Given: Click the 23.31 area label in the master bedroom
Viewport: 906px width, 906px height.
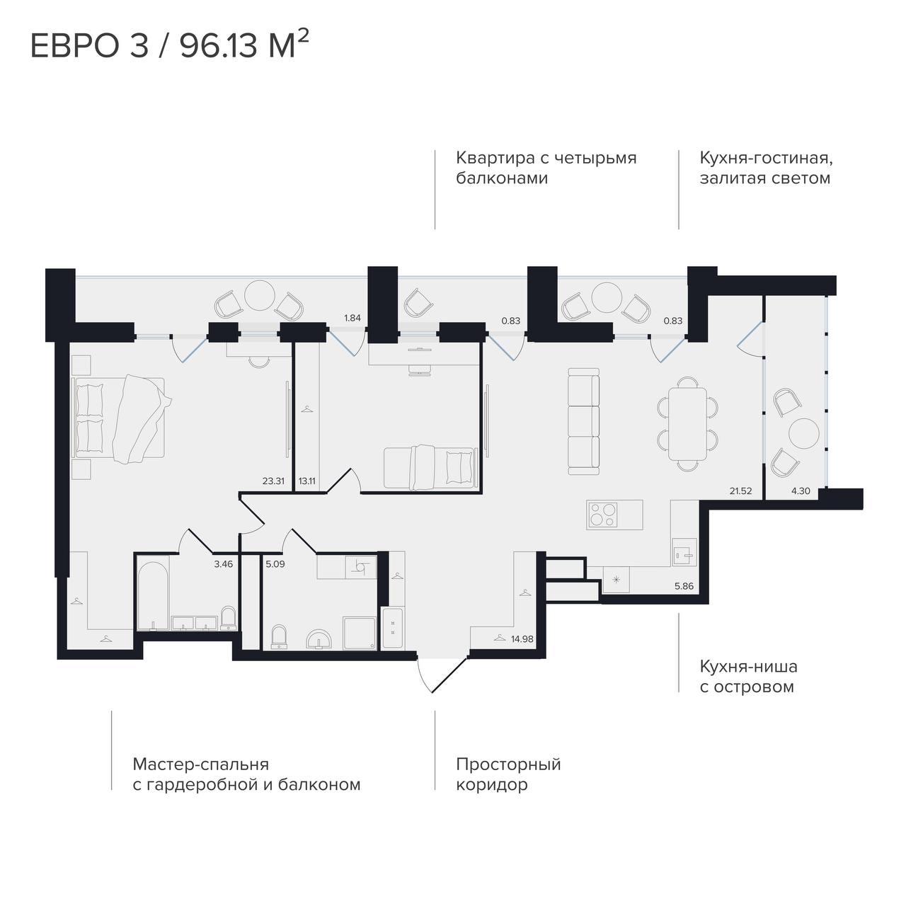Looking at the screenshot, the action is point(273,481).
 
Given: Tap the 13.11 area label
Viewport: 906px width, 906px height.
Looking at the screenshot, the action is point(306,481).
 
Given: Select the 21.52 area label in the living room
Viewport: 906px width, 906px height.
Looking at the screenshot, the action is point(740,491).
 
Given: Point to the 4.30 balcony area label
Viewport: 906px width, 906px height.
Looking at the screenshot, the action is point(801,491).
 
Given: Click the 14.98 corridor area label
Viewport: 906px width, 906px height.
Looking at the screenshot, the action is point(522,639).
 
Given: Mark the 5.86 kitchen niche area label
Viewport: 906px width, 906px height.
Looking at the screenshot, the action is point(684,586).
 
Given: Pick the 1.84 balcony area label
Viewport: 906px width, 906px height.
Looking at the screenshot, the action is point(352,318).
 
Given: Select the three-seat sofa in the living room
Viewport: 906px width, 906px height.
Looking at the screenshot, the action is point(583,421).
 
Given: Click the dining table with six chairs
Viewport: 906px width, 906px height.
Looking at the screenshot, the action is point(687,424).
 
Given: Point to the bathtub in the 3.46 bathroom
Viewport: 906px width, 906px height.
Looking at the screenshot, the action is point(153,595).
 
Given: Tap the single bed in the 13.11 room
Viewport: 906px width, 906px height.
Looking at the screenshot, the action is point(430,468).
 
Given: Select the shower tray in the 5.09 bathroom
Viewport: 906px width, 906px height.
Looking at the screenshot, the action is point(360,633).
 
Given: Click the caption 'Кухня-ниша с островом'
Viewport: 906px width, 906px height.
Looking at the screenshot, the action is point(748,677).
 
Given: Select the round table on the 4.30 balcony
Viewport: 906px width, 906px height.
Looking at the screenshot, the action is point(804,433).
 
